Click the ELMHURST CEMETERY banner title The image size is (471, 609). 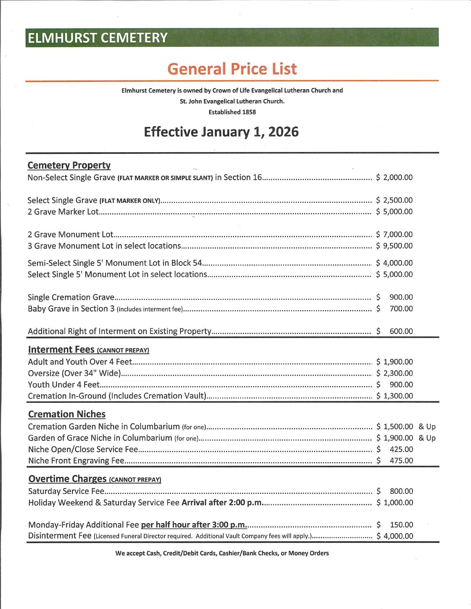pyautogui.click(x=97, y=38)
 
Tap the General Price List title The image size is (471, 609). pyautogui.click(x=232, y=69)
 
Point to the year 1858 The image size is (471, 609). pyautogui.click(x=249, y=112)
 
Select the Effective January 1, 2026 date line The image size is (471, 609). pyautogui.click(x=221, y=132)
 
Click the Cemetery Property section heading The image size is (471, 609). pyautogui.click(x=69, y=165)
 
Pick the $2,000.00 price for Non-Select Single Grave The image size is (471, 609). pyautogui.click(x=395, y=177)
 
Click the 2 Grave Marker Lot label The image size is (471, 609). pyautogui.click(x=63, y=212)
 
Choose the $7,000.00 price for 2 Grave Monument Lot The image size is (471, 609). pyautogui.click(x=395, y=234)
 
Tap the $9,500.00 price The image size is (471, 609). pyautogui.click(x=395, y=246)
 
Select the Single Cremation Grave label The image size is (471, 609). pyautogui.click(x=71, y=297)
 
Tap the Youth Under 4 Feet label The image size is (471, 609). pyautogui.click(x=64, y=385)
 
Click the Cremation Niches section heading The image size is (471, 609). pyautogui.click(x=67, y=414)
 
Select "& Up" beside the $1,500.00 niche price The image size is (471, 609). pyautogui.click(x=427, y=427)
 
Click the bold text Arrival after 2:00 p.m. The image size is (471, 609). pyautogui.click(x=222, y=502)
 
